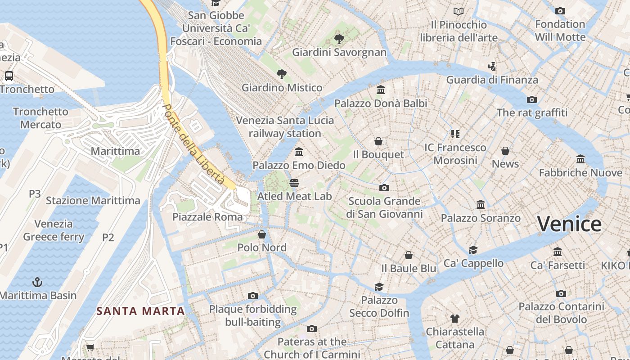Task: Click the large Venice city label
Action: pos(569,224)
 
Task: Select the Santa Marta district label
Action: pos(141,311)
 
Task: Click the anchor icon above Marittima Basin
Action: pos(38,282)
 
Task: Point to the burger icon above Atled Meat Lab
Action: pos(294,183)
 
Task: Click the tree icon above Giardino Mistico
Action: pos(282,74)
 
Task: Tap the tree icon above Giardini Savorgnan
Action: pos(339,39)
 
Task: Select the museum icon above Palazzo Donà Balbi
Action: pos(381,90)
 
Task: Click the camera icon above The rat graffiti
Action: pos(532,99)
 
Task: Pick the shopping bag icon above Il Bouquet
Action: pos(378,141)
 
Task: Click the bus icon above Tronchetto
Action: pos(9,76)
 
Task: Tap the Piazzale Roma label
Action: pos(207,217)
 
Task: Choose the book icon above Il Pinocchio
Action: pos(459,11)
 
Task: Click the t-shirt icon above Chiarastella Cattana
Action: pos(455,319)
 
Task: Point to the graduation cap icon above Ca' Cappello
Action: pos(473,250)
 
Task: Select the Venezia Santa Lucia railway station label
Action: pos(285,127)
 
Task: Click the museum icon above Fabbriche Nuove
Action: pos(580,159)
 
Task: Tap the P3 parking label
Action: pos(35,194)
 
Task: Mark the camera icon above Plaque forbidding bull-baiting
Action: pos(253,296)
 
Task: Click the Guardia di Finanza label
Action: pos(492,80)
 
